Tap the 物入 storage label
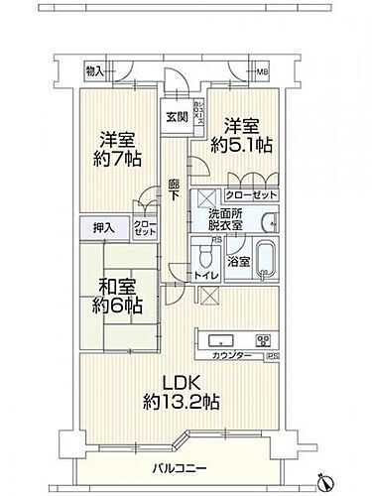[x=95, y=71]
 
